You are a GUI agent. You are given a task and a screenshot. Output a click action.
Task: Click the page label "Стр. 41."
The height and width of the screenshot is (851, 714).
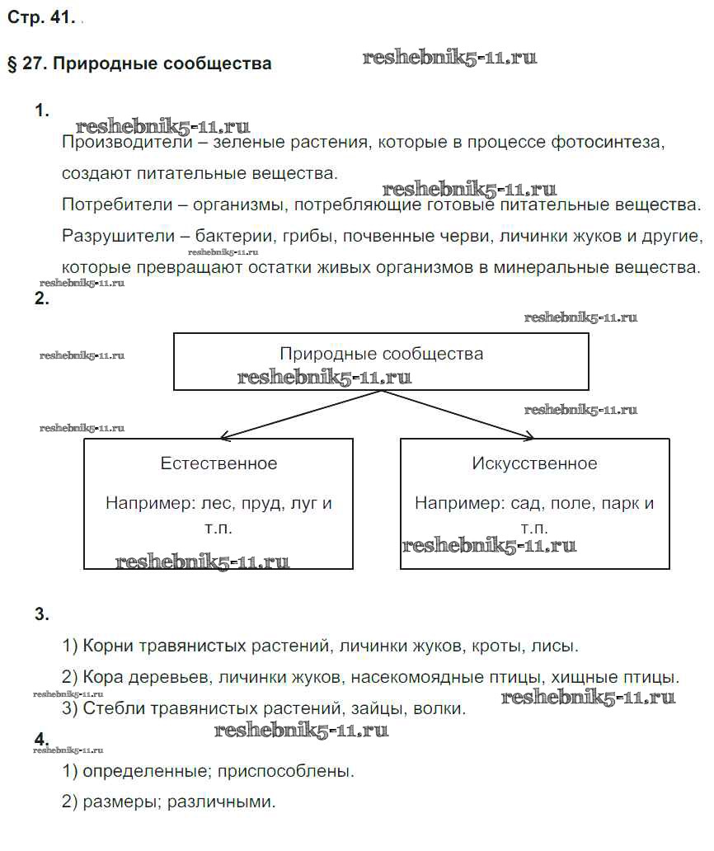(41, 17)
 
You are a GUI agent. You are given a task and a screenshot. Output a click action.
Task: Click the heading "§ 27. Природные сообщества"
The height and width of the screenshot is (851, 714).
(139, 63)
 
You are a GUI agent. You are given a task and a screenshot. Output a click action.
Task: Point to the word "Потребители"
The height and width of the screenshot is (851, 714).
(110, 205)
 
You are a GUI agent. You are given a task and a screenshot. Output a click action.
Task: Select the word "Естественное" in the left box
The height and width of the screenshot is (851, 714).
(219, 463)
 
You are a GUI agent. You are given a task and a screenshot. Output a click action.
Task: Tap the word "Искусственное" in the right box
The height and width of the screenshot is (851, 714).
(534, 463)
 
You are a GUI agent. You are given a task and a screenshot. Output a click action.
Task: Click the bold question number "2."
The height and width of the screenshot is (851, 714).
(42, 300)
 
